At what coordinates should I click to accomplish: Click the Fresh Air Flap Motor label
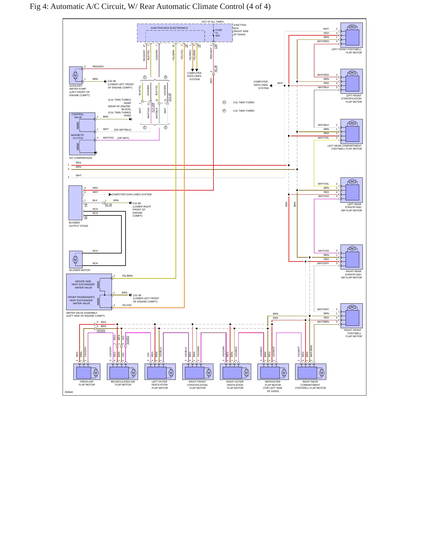pyautogui.click(x=87, y=383)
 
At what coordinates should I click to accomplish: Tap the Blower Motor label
pyautogui.click(x=80, y=270)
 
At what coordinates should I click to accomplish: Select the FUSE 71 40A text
pyautogui.click(x=219, y=33)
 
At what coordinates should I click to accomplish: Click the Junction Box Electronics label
pyautogui.click(x=169, y=28)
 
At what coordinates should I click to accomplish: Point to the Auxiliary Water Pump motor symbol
pyautogui.click(x=75, y=75)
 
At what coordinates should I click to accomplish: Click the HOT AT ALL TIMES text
pyautogui.click(x=213, y=22)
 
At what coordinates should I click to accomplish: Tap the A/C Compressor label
pyautogui.click(x=81, y=158)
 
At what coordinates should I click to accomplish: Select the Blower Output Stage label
pyautogui.click(x=79, y=224)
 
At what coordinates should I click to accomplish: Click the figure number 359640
pyautogui.click(x=69, y=392)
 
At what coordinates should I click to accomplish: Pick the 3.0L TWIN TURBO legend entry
pyautogui.click(x=244, y=102)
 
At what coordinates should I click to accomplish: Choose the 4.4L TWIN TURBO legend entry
pyautogui.click(x=244, y=111)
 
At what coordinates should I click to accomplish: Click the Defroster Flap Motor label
pyautogui.click(x=273, y=386)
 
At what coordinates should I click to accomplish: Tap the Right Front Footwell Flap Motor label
pyautogui.click(x=353, y=333)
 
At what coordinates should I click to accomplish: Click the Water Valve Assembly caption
pyautogui.click(x=86, y=314)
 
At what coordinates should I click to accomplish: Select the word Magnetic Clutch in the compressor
pyautogui.click(x=77, y=137)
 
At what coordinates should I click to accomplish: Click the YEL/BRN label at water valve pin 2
pyautogui.click(x=127, y=276)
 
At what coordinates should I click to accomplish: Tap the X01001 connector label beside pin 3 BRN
pyautogui.click(x=101, y=330)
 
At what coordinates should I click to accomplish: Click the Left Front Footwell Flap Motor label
pyautogui.click(x=347, y=51)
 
